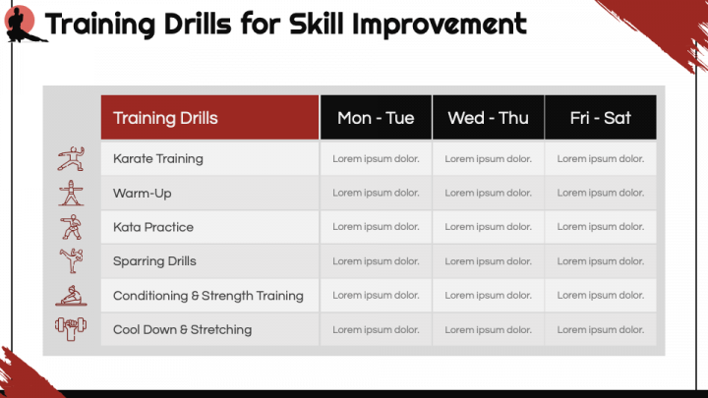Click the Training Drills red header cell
pyautogui.click(x=209, y=117)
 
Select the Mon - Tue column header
pyautogui.click(x=376, y=117)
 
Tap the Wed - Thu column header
pyautogui.click(x=488, y=117)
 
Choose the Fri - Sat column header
pyautogui.click(x=601, y=117)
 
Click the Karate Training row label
pyautogui.click(x=158, y=159)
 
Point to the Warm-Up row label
pyautogui.click(x=143, y=194)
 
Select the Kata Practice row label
pyautogui.click(x=153, y=227)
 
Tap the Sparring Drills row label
pyautogui.click(x=154, y=261)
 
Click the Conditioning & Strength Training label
pyautogui.click(x=208, y=296)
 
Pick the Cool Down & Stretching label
pyautogui.click(x=183, y=330)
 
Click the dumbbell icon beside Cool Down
pyautogui.click(x=71, y=329)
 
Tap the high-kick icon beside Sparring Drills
pyautogui.click(x=72, y=260)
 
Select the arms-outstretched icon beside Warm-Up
pyautogui.click(x=71, y=194)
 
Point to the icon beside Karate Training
pyautogui.click(x=71, y=158)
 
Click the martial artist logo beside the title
pyautogui.click(x=23, y=25)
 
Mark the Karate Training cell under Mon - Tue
pyautogui.click(x=376, y=159)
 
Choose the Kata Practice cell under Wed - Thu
pyautogui.click(x=488, y=227)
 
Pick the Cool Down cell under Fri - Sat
pyautogui.click(x=601, y=330)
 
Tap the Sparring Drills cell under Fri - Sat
pyautogui.click(x=601, y=261)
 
